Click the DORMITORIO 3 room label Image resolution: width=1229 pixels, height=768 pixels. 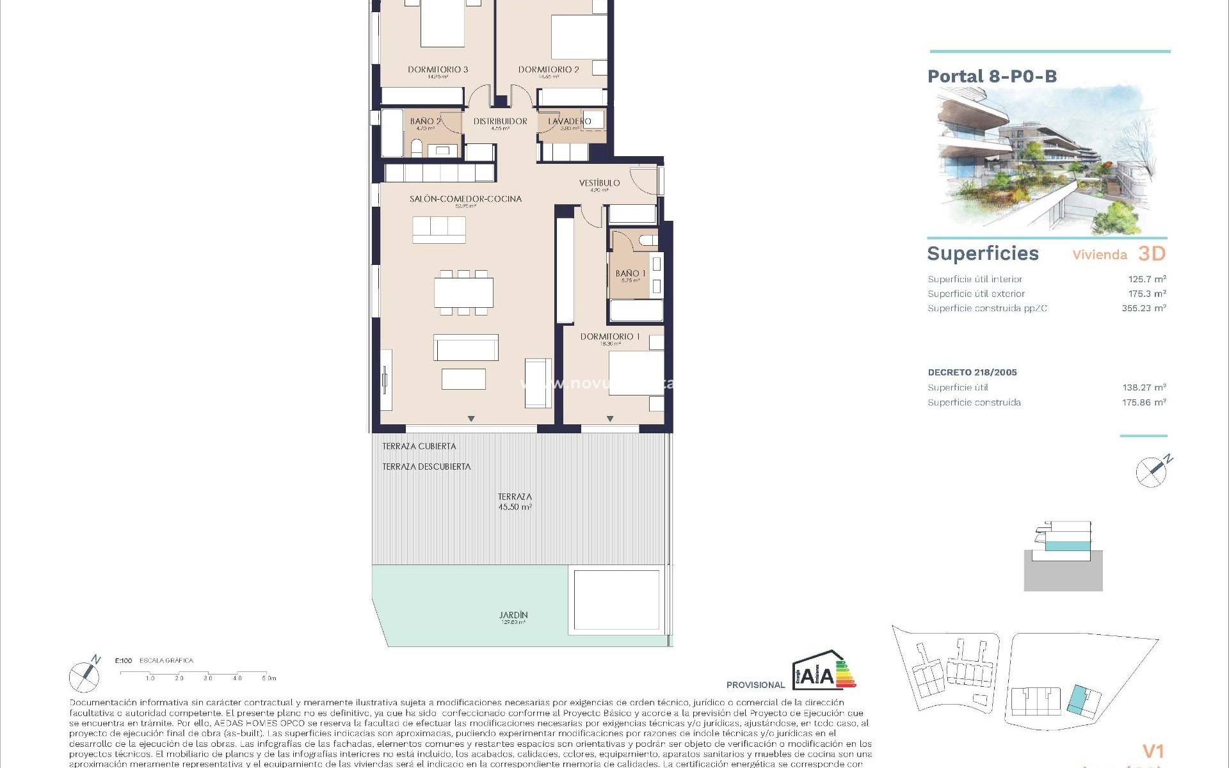pos(438,70)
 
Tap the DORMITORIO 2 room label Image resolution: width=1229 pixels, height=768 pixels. pos(549,70)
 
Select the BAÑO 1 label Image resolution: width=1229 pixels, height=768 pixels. pos(631,274)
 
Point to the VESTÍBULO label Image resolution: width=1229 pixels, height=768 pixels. pos(599,183)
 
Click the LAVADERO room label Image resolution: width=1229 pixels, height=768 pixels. pos(570,121)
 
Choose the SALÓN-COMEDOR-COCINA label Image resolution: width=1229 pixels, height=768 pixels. pos(465,199)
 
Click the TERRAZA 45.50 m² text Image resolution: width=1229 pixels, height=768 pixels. pos(515,501)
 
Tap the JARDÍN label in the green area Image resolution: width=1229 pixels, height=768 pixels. pos(513,616)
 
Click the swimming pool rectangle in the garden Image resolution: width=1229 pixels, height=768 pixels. pos(616,600)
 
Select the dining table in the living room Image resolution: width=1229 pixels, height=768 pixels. pos(463,292)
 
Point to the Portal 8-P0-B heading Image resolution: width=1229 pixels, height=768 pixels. pos(992,77)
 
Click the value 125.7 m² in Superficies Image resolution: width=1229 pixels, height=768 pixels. pos(1146,279)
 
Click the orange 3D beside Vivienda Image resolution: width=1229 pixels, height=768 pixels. pos(1152,253)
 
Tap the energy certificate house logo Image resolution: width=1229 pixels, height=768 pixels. pos(823,671)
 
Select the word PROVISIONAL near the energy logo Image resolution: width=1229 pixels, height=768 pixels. pos(755,685)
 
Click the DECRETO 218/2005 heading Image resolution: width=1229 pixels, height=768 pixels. pos(972,372)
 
